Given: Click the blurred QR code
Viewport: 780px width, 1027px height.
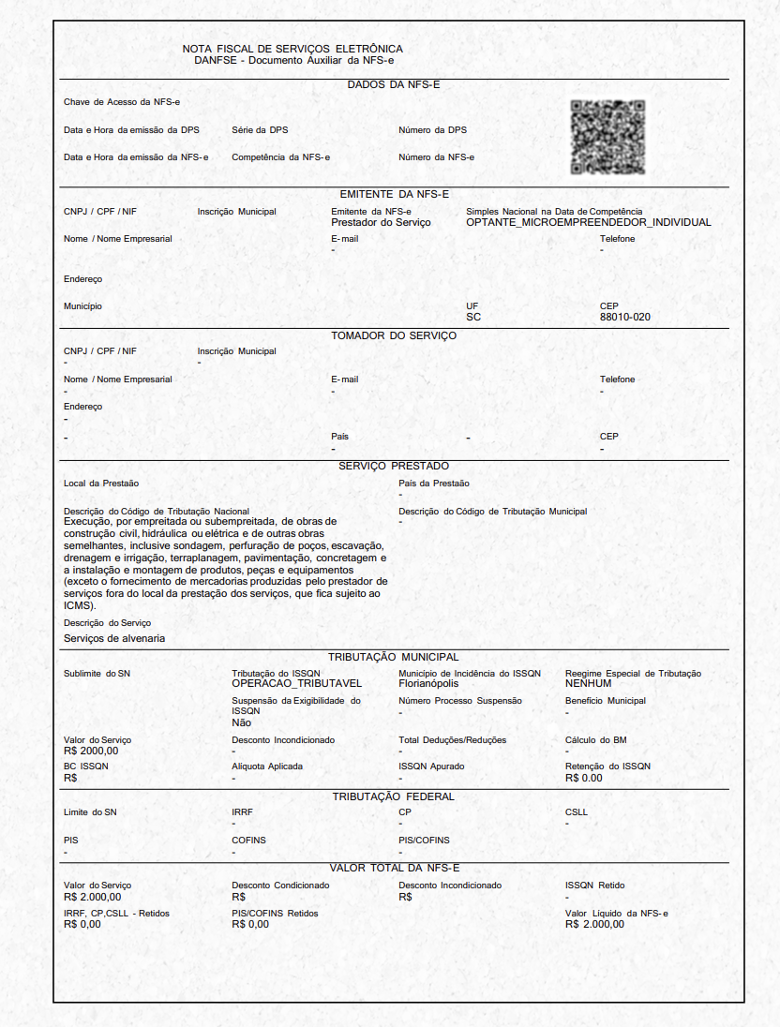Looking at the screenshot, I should pyautogui.click(x=607, y=137).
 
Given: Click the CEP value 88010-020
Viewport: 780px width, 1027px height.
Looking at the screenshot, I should pyautogui.click(x=624, y=318).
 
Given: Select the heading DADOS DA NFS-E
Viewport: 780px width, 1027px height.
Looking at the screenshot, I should pyautogui.click(x=394, y=85).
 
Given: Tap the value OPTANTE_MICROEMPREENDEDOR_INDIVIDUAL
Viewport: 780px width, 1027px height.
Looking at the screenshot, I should pyautogui.click(x=588, y=223).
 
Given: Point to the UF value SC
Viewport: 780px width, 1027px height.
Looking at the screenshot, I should pyautogui.click(x=472, y=318).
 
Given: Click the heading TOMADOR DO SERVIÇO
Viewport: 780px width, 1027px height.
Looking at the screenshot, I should pyautogui.click(x=394, y=335).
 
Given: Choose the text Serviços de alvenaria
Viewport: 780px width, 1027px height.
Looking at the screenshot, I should pyautogui.click(x=114, y=638).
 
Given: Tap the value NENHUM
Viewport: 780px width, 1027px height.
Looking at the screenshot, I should pyautogui.click(x=588, y=684).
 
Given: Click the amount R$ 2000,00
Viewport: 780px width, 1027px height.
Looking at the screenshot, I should pyautogui.click(x=91, y=751).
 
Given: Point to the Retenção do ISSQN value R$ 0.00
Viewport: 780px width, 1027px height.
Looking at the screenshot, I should pyautogui.click(x=584, y=778).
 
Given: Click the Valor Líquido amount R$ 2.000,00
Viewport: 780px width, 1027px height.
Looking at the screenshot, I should pyautogui.click(x=594, y=924).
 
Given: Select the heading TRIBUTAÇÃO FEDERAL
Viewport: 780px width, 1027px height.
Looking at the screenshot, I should pyautogui.click(x=394, y=796).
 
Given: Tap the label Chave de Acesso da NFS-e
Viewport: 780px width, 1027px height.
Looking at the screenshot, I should pyautogui.click(x=109, y=101).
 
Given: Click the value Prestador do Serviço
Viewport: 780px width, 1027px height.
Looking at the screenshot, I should pyautogui.click(x=381, y=223).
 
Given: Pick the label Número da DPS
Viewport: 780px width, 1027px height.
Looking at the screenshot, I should pyautogui.click(x=432, y=130).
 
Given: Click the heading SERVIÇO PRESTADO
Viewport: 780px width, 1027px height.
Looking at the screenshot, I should pyautogui.click(x=394, y=466).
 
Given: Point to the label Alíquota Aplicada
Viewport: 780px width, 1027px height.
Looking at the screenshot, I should pyautogui.click(x=267, y=767).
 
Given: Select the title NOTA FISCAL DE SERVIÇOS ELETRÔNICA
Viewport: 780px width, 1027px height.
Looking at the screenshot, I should pyautogui.click(x=292, y=49).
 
